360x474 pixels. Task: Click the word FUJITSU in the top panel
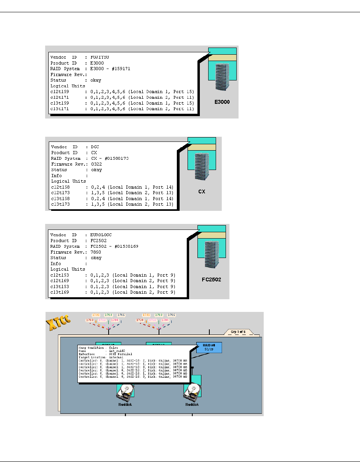(x=100, y=57)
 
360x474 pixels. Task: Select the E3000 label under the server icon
(x=222, y=102)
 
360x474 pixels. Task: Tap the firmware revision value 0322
(x=96, y=164)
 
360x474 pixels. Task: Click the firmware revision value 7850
(x=96, y=252)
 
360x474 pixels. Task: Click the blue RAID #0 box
(x=209, y=348)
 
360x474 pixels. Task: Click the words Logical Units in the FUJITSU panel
(x=65, y=86)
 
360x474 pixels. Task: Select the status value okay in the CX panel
(x=96, y=170)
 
